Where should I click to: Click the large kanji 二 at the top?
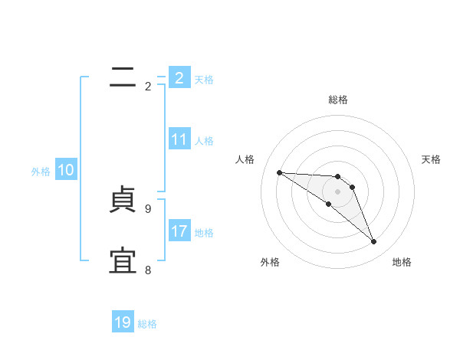coord(123,77)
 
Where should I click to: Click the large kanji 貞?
coord(123,201)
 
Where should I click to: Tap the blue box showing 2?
coord(179,78)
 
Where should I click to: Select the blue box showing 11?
coord(179,139)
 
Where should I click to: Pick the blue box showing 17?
coord(179,231)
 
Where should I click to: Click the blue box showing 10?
coord(66,170)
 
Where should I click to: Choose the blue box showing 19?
coord(123,322)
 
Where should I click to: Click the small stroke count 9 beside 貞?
coord(148,208)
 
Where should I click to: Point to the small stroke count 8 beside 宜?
coord(148,270)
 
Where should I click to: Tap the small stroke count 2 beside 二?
coord(148,87)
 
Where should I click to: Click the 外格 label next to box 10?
coord(41,172)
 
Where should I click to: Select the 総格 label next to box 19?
coord(147,324)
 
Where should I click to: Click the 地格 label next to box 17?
coord(204,233)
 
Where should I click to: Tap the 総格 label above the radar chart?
coord(338,100)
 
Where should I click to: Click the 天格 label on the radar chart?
coord(431,159)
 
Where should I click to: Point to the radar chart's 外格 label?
coord(270,262)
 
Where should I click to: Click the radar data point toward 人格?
coord(279,172)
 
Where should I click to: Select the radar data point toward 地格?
coord(374,242)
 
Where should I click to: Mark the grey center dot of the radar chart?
coord(338,191)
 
